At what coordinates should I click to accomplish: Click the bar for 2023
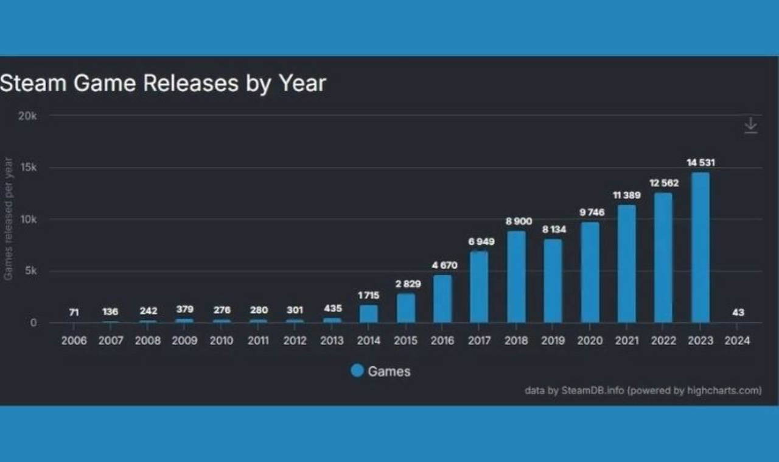point(700,247)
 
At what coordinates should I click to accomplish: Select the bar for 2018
point(516,277)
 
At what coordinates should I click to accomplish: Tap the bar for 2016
point(442,299)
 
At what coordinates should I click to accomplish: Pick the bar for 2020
point(590,272)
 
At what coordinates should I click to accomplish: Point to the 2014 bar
point(368,313)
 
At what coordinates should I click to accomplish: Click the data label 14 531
point(700,163)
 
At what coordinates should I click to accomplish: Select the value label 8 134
point(553,229)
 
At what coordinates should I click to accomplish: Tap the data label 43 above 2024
point(738,312)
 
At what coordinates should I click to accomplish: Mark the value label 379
point(184,310)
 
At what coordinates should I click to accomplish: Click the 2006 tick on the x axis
point(74,341)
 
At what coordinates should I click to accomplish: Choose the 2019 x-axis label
point(553,341)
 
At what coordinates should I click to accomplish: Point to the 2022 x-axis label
point(663,341)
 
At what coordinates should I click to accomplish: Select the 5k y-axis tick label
point(30,271)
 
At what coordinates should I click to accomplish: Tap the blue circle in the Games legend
point(357,371)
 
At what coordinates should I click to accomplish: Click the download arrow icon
point(750,126)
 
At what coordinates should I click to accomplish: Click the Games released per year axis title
point(9,219)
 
